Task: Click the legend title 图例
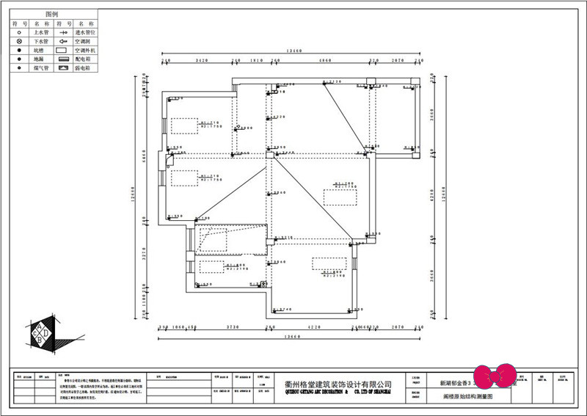pyautogui.click(x=51, y=14)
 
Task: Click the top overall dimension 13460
pyautogui.click(x=292, y=51)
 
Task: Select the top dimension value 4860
pyautogui.click(x=323, y=60)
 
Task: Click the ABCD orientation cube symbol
pyautogui.click(x=43, y=333)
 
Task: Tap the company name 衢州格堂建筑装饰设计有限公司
pyautogui.click(x=338, y=384)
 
